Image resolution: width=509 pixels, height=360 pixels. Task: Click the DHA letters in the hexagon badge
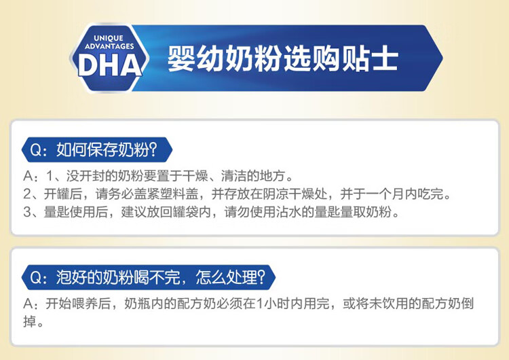110,65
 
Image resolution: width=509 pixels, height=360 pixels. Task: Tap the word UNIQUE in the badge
109,38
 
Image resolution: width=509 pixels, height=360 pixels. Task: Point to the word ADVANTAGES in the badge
109,46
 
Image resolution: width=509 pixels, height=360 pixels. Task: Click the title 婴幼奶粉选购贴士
283,59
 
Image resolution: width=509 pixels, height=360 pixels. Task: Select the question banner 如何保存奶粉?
97,150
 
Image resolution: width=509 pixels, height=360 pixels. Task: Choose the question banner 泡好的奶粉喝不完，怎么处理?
149,278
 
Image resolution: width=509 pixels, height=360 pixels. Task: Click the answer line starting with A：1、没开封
158,176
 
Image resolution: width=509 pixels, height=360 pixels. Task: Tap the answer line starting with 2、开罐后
238,194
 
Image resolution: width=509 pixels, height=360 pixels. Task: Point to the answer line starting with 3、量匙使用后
211,212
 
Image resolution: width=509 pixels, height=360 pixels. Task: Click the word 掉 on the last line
30,321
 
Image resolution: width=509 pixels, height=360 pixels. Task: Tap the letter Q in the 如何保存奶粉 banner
36,150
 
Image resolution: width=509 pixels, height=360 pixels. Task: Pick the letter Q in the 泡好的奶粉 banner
36,278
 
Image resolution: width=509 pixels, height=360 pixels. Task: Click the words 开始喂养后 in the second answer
77,304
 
